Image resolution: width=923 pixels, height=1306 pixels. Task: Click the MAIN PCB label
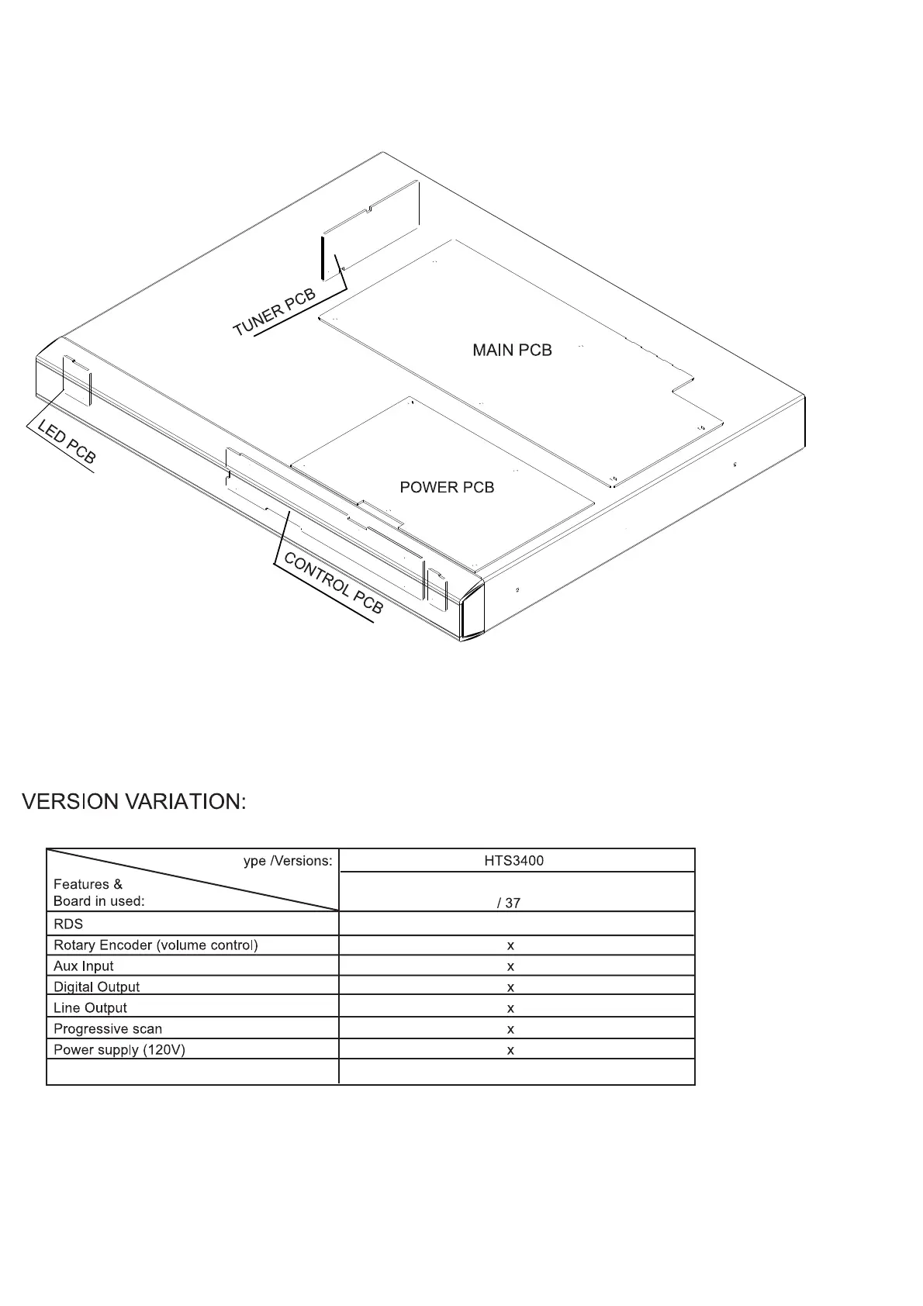[x=512, y=351]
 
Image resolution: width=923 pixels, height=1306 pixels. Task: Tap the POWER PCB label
[x=447, y=487]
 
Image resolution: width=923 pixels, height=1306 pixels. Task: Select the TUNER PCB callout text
[x=275, y=313]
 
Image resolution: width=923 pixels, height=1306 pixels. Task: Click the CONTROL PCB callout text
[x=334, y=582]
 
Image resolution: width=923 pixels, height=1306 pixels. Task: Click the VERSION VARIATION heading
[x=134, y=802]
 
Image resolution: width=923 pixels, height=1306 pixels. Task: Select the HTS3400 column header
[x=509, y=861]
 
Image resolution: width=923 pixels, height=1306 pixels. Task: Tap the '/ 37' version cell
[x=509, y=903]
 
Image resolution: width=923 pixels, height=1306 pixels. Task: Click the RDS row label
[x=68, y=924]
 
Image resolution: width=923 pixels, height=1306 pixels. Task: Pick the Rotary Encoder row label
[x=156, y=945]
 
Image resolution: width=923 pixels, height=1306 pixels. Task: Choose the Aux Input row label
[x=84, y=966]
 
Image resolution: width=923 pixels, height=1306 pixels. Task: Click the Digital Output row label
[x=97, y=987]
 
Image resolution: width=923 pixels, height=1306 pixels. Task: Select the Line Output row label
[x=90, y=1008]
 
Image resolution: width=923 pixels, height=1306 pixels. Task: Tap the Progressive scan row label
[x=108, y=1029]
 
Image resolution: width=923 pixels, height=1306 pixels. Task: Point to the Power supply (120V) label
[x=119, y=1050]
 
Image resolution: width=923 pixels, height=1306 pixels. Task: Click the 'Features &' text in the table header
[x=88, y=884]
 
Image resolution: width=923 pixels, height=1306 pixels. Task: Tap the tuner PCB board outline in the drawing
[x=372, y=225]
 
